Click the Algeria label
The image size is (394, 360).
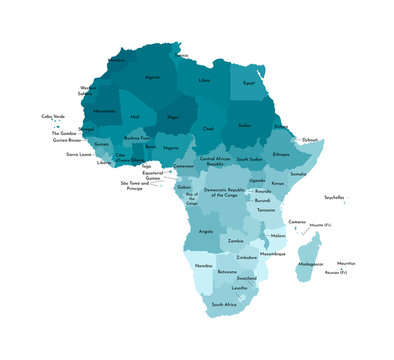(x=153, y=76)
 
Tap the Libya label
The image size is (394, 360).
(x=205, y=79)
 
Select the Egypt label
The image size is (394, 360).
(x=250, y=84)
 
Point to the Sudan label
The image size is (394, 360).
(x=245, y=126)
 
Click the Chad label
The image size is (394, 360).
(x=208, y=129)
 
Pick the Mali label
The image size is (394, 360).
(x=135, y=117)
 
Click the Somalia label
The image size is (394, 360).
(x=299, y=175)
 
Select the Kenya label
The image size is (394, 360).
(x=277, y=184)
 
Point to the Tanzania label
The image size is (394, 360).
(x=266, y=210)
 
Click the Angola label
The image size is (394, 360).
(x=207, y=231)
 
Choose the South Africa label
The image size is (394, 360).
(x=224, y=303)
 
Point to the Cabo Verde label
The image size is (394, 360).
(x=53, y=116)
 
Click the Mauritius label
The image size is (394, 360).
(x=346, y=263)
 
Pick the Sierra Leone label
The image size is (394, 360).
(x=79, y=155)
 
